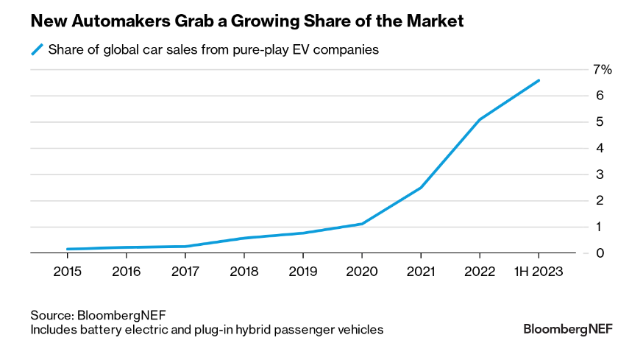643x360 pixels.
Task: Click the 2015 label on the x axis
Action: [x=67, y=272]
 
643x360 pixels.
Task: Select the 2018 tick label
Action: [x=244, y=272]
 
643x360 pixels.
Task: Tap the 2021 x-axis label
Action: [x=421, y=272]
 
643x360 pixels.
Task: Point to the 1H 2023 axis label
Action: [x=539, y=272]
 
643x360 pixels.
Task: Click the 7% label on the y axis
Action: [x=603, y=70]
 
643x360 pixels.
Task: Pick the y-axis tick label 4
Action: [x=600, y=148]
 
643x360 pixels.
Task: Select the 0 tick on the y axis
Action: [x=600, y=253]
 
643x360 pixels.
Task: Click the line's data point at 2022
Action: [x=480, y=119]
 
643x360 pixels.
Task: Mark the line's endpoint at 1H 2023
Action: [x=539, y=80]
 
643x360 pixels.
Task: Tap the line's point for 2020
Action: [x=362, y=224]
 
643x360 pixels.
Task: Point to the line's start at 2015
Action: [x=67, y=249]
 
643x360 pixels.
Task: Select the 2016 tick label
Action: [x=126, y=272]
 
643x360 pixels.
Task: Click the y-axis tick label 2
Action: [x=600, y=200]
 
